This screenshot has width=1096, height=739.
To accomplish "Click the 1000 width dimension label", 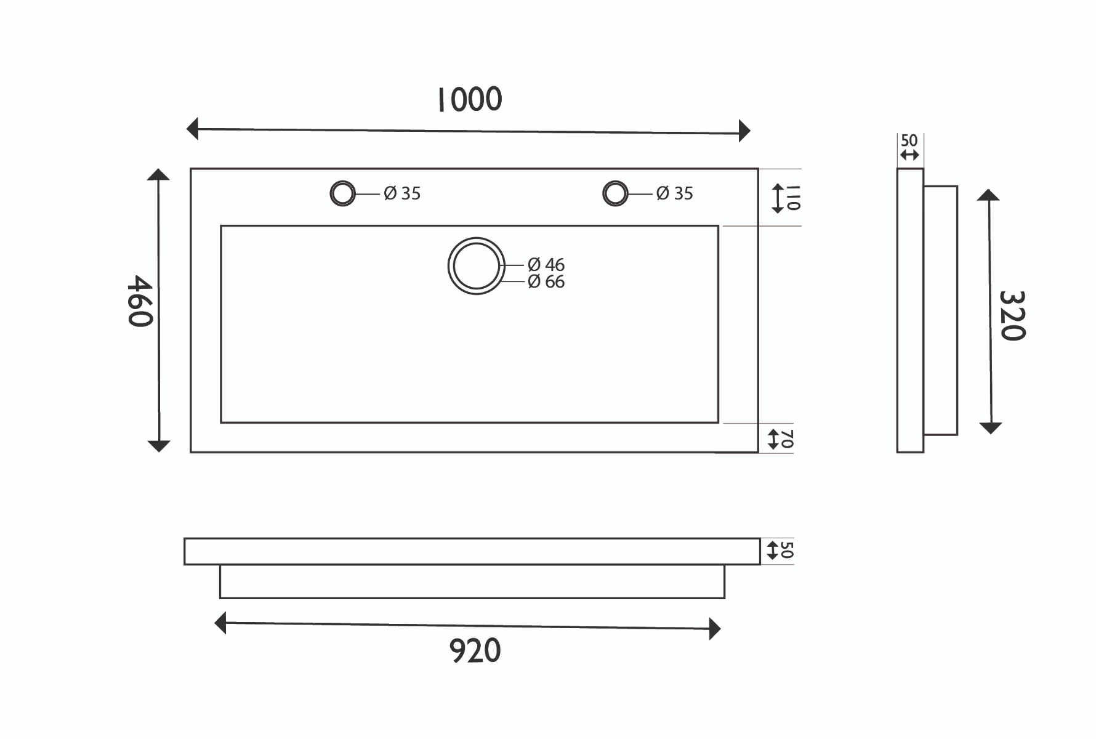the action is [x=470, y=100].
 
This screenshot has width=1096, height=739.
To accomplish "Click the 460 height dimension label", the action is [x=140, y=301].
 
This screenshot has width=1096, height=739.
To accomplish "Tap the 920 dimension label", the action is [x=475, y=651].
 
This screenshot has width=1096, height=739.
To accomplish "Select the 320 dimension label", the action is [x=1012, y=315].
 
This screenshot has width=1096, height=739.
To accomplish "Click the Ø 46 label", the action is [x=546, y=265].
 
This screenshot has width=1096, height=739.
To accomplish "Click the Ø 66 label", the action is [x=546, y=281].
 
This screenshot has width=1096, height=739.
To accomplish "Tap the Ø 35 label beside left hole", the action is [x=402, y=193].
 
